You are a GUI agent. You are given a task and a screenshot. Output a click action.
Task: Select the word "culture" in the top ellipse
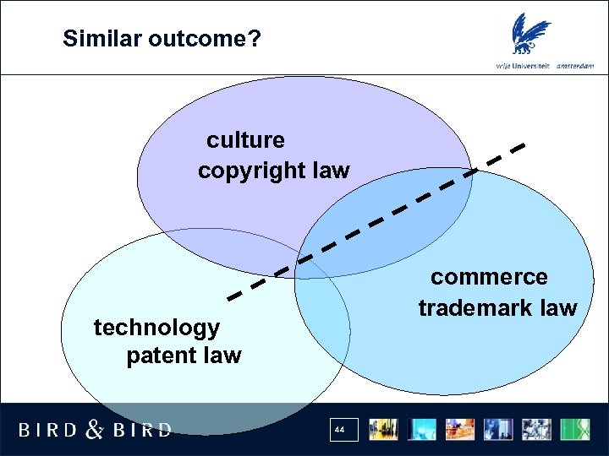(x=245, y=139)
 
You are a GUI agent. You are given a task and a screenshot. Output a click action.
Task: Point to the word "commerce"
(x=489, y=277)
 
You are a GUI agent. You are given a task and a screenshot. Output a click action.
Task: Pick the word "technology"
(x=156, y=327)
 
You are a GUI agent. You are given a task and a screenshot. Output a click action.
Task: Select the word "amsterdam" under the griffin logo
(x=575, y=66)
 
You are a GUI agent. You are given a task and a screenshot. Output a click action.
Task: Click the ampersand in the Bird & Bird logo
(x=96, y=430)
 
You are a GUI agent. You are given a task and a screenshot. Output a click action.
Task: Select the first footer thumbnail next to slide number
(x=384, y=429)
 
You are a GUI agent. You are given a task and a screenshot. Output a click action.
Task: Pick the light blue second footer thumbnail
(x=422, y=429)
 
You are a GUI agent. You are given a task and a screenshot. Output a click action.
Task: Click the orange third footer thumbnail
(x=461, y=429)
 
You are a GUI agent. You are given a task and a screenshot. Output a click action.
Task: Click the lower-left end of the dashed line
(x=230, y=297)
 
